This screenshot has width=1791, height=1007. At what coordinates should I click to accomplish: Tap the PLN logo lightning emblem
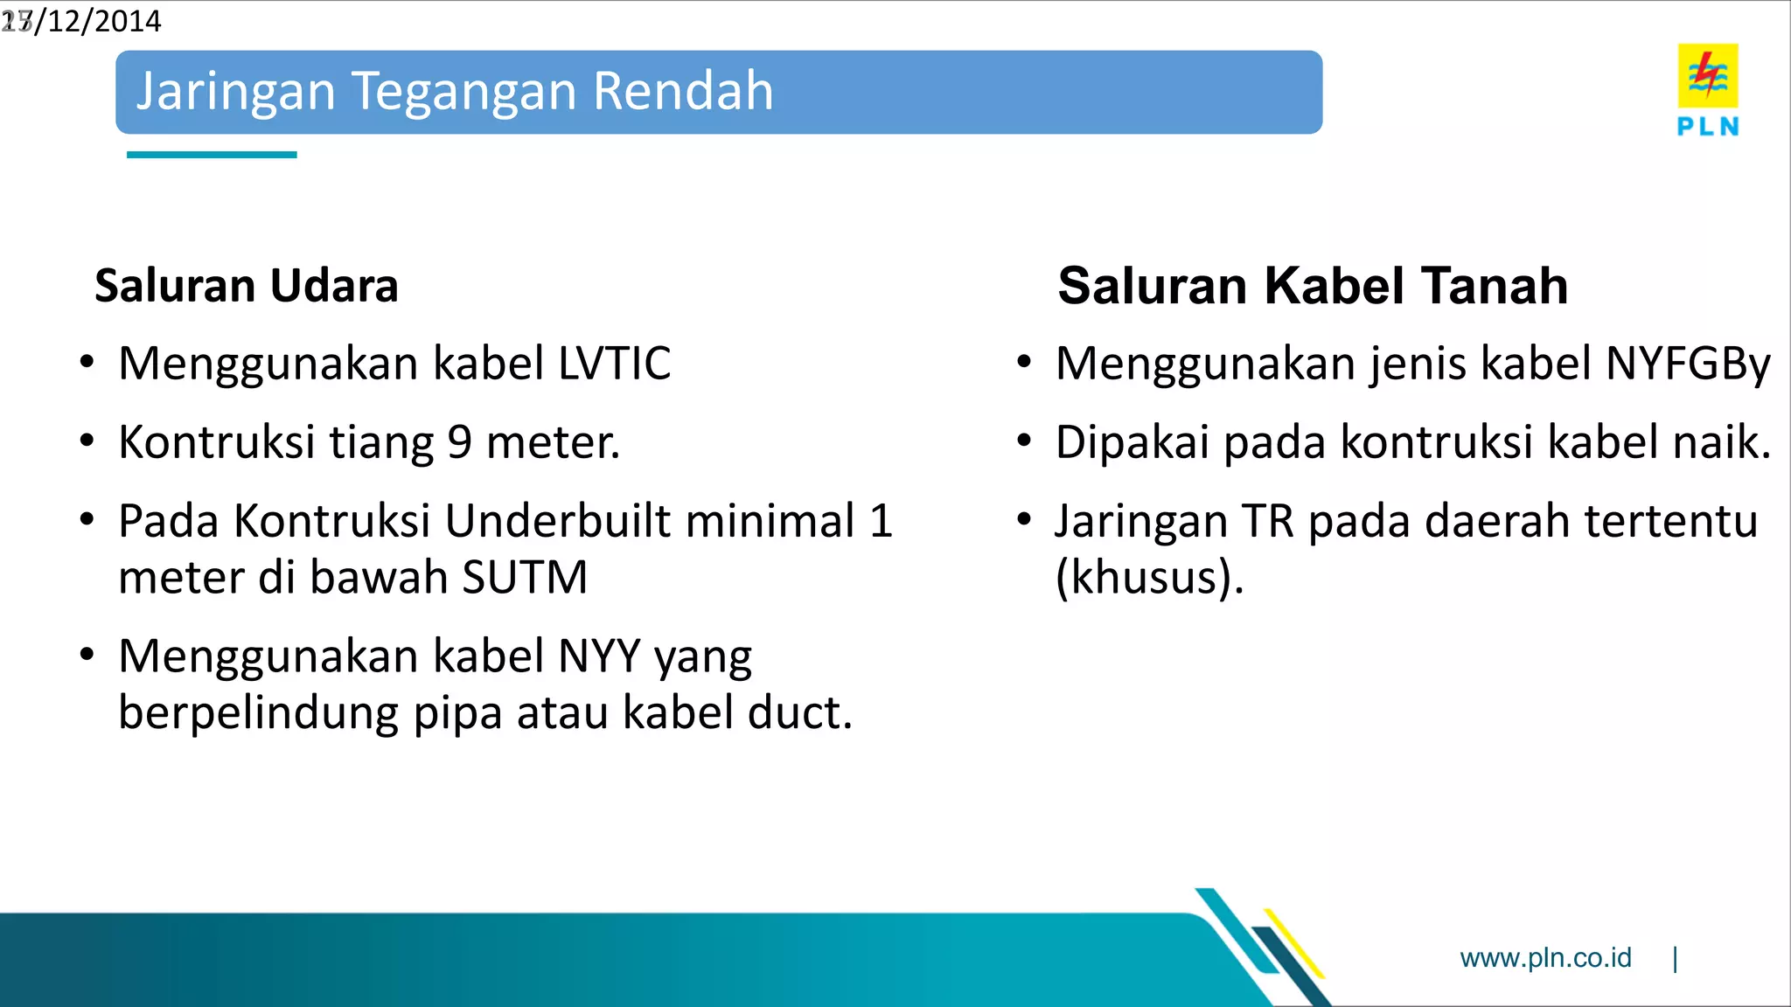1707,75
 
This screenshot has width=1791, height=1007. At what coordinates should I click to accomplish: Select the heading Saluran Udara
246,286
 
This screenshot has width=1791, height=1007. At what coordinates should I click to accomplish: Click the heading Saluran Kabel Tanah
1312,286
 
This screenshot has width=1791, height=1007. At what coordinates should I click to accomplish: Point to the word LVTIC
614,364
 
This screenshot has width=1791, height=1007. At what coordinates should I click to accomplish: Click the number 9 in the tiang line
460,442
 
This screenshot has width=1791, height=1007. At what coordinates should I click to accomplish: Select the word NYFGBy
1688,364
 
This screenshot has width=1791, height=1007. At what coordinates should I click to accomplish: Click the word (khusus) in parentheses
1147,578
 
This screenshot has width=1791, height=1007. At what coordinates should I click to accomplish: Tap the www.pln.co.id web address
1545,958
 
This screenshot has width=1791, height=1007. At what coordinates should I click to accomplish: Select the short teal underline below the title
212,155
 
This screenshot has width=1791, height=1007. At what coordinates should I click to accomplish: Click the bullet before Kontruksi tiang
87,441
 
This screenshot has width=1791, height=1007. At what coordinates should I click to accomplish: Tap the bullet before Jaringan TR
1024,520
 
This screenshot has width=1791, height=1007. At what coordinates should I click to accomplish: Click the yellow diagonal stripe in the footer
1294,942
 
